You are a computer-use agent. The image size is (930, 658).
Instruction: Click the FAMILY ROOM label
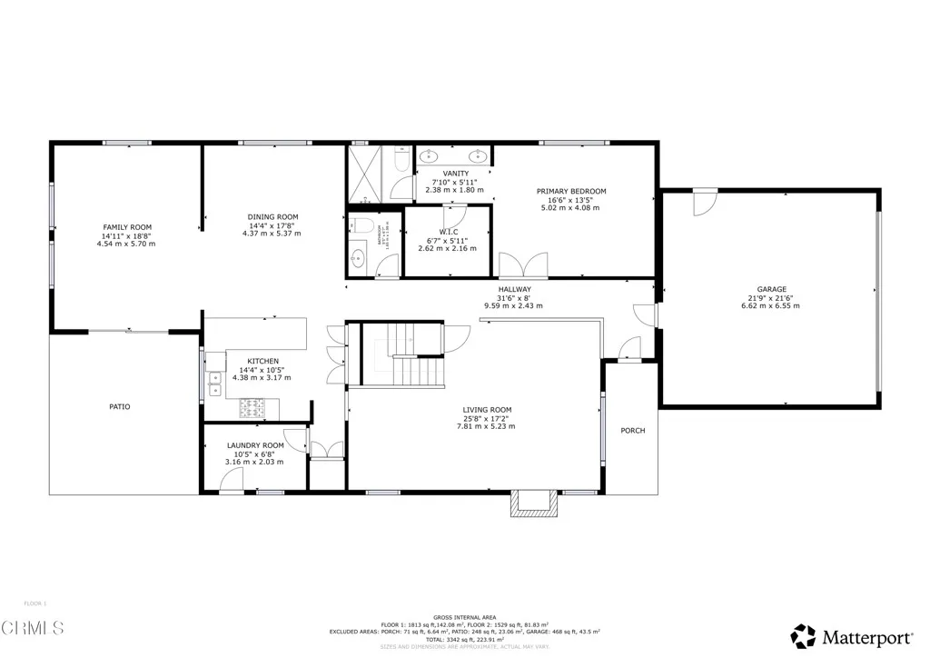coord(126,227)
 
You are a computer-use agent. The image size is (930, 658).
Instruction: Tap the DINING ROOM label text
coord(272,217)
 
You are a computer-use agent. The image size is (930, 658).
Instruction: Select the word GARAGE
coord(772,290)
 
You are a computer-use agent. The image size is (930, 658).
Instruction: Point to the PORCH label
coord(632,431)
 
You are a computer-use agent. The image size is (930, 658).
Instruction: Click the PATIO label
coord(120,406)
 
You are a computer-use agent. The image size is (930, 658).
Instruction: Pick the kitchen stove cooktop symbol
coord(249,408)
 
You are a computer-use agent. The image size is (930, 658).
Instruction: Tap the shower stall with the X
coord(367,173)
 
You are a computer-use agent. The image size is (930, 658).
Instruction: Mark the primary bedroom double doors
coord(523,265)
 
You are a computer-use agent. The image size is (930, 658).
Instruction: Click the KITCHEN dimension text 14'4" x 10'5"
coord(260,370)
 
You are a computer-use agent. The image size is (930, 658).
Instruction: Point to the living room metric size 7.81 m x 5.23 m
coord(486,426)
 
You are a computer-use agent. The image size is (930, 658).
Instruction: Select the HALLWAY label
coord(513,290)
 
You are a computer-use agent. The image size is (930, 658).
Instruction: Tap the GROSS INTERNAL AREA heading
coord(464,616)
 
